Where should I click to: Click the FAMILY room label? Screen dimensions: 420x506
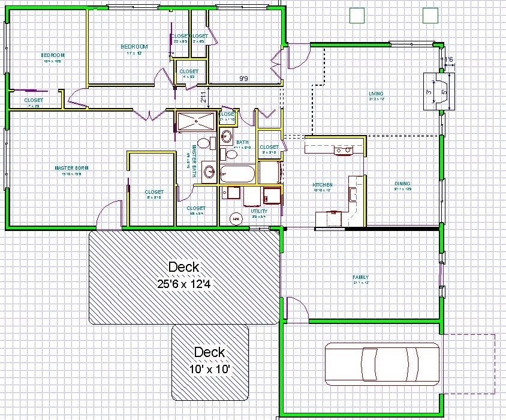tap(360, 277)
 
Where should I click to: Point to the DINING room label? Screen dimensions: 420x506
tap(402, 184)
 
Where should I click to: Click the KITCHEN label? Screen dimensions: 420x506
tap(322, 185)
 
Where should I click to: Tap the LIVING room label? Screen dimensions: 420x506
tap(376, 93)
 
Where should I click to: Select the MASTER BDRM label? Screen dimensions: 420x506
tap(71, 168)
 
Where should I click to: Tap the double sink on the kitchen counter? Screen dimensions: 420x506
tap(343, 150)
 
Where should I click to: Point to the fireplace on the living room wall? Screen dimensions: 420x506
tap(439, 92)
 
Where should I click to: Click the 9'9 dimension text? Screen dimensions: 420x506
tap(244, 79)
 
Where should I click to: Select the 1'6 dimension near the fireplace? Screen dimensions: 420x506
tap(448, 59)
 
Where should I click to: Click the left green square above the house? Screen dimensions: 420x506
tap(357, 15)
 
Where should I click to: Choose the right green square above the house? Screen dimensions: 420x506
tap(429, 15)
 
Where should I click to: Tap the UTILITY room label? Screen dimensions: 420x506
tap(259, 211)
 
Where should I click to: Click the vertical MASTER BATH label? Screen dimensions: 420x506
tap(194, 160)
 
